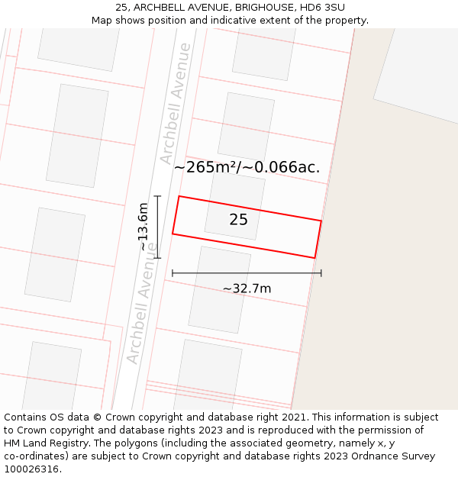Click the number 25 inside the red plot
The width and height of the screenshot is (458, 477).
(x=238, y=220)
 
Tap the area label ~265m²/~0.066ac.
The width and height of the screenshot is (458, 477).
(x=247, y=167)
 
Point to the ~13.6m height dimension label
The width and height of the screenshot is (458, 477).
(x=144, y=227)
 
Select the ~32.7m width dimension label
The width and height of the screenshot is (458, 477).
(x=247, y=288)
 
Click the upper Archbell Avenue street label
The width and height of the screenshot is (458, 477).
(x=175, y=103)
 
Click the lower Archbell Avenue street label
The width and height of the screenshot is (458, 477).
(x=142, y=303)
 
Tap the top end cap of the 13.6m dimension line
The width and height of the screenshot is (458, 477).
(x=157, y=196)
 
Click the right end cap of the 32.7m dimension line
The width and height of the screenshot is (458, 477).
(x=321, y=272)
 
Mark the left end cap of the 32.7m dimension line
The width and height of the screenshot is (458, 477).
(x=173, y=272)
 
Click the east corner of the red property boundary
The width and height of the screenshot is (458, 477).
(x=321, y=221)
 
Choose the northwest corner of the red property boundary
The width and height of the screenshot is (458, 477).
(x=179, y=196)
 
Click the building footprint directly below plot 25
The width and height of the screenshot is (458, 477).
(x=220, y=289)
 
